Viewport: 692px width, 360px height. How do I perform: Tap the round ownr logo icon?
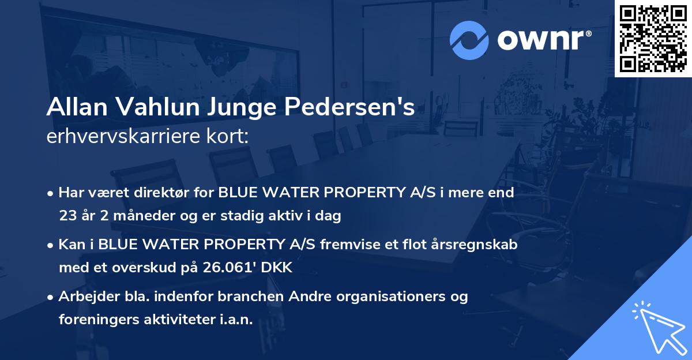tap(469, 40)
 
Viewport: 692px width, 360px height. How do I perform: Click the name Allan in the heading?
tap(78, 107)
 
